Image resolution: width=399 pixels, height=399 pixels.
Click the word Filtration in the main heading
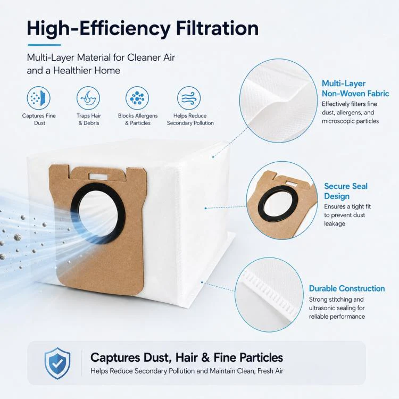pos(217,28)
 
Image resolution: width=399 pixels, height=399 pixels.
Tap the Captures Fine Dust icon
pos(39,98)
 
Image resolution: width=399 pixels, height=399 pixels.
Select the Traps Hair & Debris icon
pos(88,98)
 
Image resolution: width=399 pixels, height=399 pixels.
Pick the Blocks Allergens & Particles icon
pos(137,98)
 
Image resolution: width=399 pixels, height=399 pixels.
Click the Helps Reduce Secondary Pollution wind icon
pos(189,98)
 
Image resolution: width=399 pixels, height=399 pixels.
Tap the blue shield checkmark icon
pos(57,363)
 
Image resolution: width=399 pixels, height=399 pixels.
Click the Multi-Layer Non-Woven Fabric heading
pos(355,88)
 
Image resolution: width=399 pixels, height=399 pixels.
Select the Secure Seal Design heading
pos(346,191)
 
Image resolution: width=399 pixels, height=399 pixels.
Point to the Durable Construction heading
pos(347,288)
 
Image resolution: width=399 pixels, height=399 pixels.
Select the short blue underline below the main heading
pos(44,45)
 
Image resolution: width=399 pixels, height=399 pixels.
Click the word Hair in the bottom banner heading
pos(187,358)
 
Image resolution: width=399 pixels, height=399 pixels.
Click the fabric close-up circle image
pos(278,101)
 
